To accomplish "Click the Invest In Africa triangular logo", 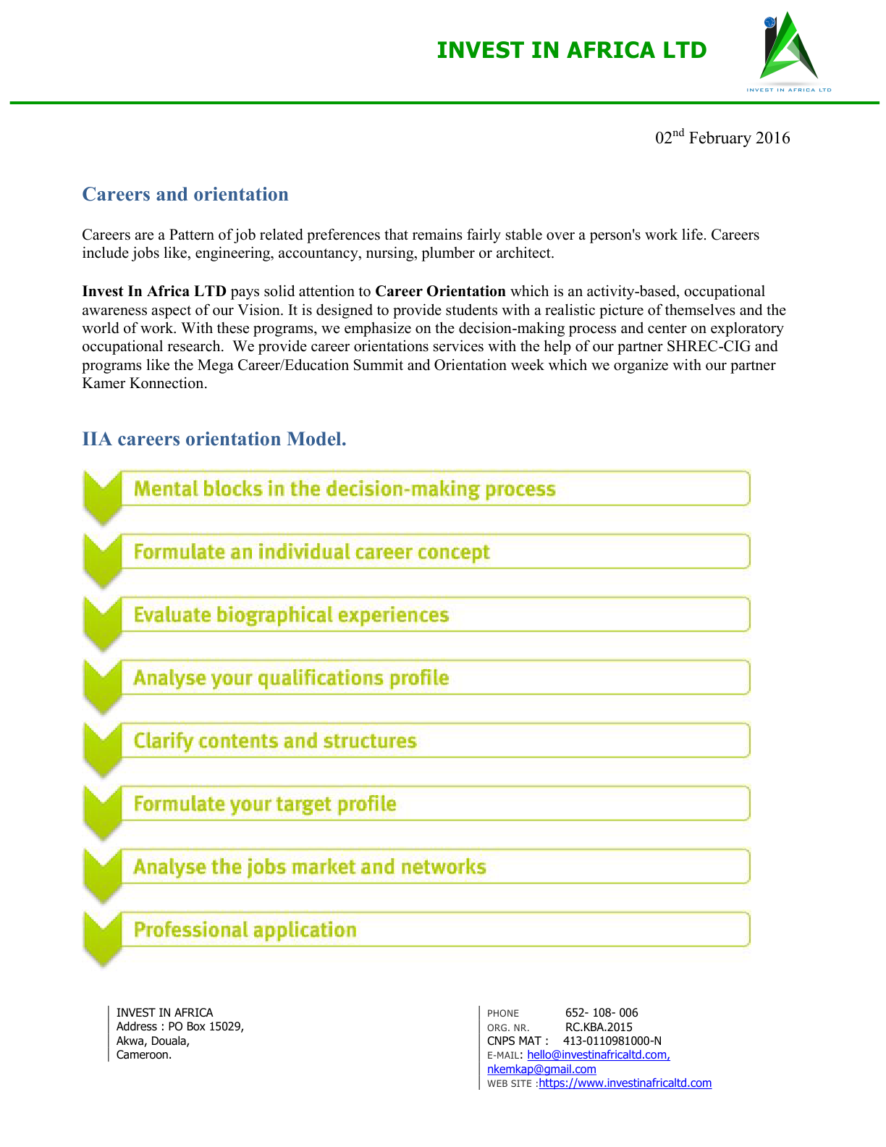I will click(x=788, y=49).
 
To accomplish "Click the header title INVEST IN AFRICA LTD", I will click(x=572, y=50).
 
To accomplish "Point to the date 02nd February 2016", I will click(x=722, y=138).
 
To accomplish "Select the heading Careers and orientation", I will click(x=185, y=194).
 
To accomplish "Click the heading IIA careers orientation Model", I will click(x=214, y=439).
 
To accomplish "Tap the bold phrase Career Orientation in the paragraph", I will click(x=440, y=291).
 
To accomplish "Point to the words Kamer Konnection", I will click(x=144, y=383).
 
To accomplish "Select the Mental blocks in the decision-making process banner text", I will click(x=345, y=489).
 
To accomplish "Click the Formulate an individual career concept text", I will click(x=311, y=552).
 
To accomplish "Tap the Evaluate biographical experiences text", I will click(x=291, y=615).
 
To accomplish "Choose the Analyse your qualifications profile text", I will click(x=291, y=678).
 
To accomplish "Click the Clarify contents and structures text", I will click(x=275, y=741).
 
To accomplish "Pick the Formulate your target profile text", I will click(x=265, y=804).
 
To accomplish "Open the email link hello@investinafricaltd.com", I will click(x=598, y=1054).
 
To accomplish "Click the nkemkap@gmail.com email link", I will click(x=541, y=1069).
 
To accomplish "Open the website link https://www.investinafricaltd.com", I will click(x=625, y=1083).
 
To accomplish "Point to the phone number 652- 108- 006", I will click(x=602, y=1012).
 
